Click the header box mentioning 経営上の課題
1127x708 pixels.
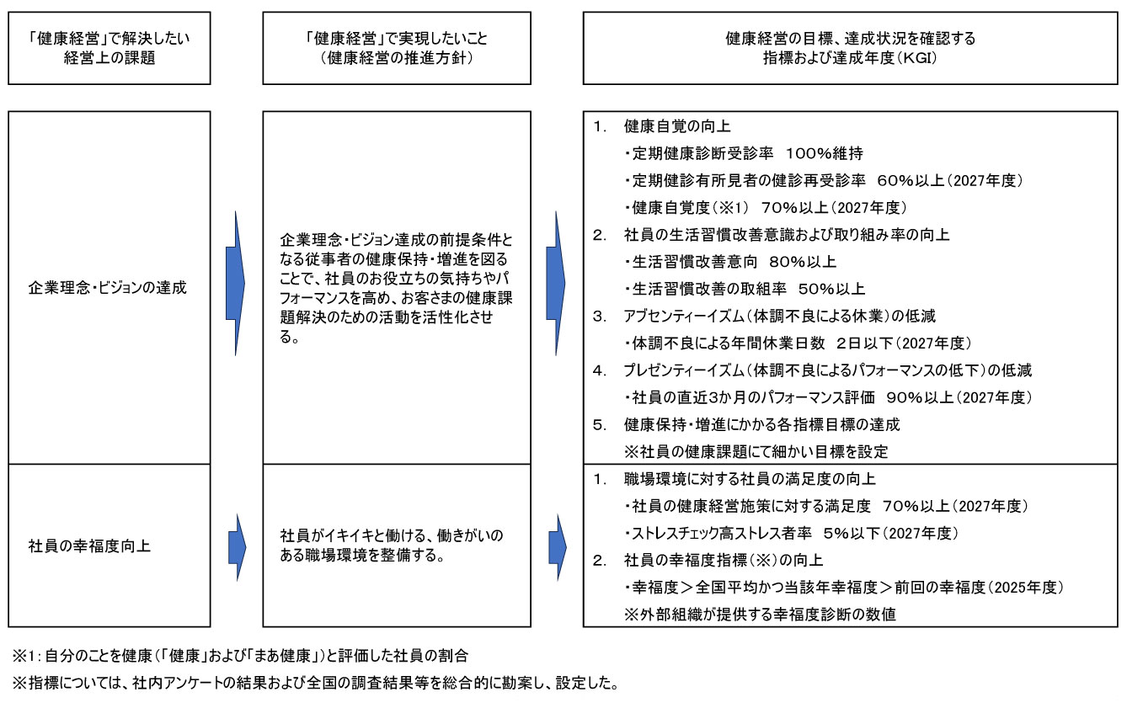[109, 48]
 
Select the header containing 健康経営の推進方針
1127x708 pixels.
[397, 48]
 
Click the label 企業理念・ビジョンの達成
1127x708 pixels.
[107, 287]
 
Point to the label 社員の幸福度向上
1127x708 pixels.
[89, 546]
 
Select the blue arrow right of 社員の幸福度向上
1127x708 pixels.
[237, 546]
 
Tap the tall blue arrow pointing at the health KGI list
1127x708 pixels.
[556, 283]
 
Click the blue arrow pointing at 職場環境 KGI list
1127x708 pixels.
[557, 546]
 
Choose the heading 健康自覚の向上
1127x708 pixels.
[677, 127]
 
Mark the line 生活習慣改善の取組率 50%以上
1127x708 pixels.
[745, 289]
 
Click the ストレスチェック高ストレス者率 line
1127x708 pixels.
[792, 533]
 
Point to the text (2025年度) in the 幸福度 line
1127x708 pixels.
[1024, 587]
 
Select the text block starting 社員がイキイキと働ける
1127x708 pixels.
[396, 546]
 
